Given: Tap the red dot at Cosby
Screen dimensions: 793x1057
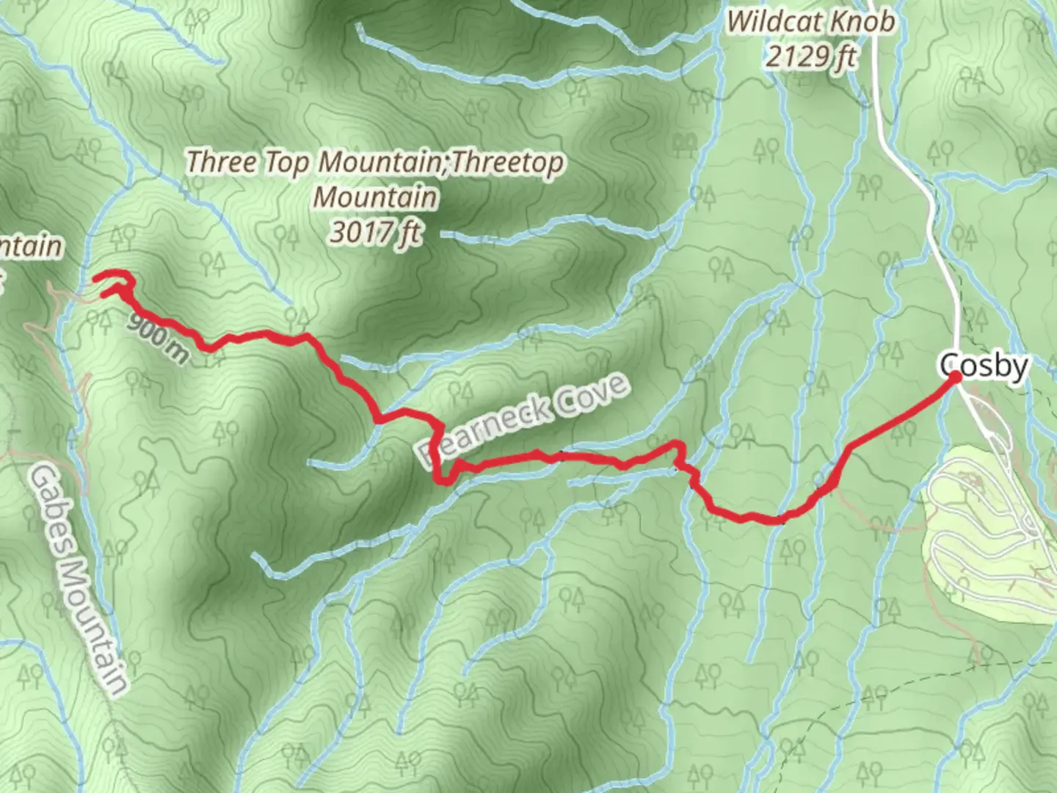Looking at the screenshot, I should tap(955, 377).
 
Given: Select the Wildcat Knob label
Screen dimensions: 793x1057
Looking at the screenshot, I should tap(810, 22).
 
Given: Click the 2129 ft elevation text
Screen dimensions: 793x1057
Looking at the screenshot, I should tap(810, 56).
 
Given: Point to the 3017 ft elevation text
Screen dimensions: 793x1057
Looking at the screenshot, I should tap(375, 232).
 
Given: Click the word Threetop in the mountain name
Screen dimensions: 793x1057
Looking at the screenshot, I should tap(506, 162).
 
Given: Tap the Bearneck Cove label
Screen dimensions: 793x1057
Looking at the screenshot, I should tap(525, 420).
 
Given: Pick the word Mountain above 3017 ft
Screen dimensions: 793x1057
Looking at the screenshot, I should tap(375, 197).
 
